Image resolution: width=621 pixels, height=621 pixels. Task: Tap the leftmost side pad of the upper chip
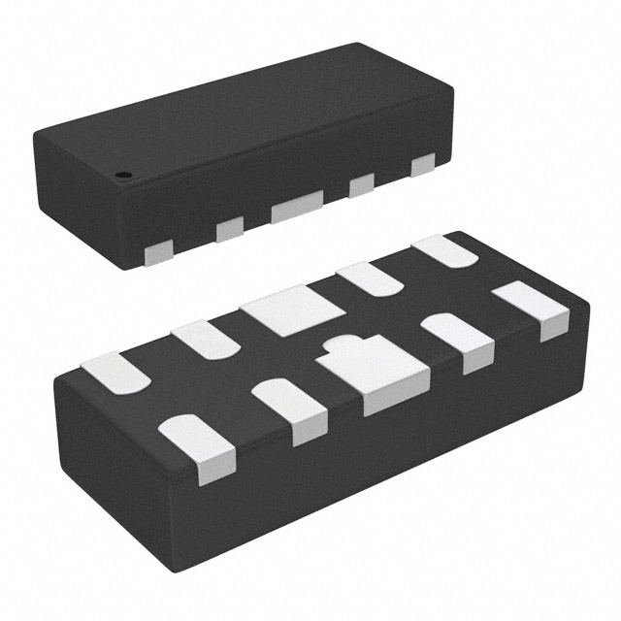pos(155,253)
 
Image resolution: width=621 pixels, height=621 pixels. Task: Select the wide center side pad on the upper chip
pos(297,207)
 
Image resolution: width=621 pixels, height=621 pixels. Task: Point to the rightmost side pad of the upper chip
pos(422,165)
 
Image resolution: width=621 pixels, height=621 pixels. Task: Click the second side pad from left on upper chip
pos(230,228)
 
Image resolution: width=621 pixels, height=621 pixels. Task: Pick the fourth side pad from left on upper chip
pos(362,183)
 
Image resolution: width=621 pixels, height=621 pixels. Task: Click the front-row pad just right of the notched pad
pos(458,341)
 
